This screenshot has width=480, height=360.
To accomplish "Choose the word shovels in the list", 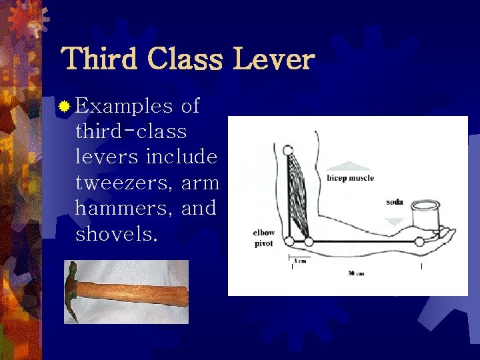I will [x=117, y=234].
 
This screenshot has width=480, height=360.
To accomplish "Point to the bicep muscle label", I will [x=350, y=178].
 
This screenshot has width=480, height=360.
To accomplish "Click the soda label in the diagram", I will [x=395, y=201].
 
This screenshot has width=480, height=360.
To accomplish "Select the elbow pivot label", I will [x=263, y=238].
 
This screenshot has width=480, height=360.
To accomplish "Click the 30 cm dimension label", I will [x=356, y=273].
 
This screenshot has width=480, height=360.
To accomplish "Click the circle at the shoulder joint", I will [x=288, y=150].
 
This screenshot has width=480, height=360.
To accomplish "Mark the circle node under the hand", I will [x=419, y=241].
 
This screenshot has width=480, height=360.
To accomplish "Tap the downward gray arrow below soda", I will [x=395, y=221].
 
